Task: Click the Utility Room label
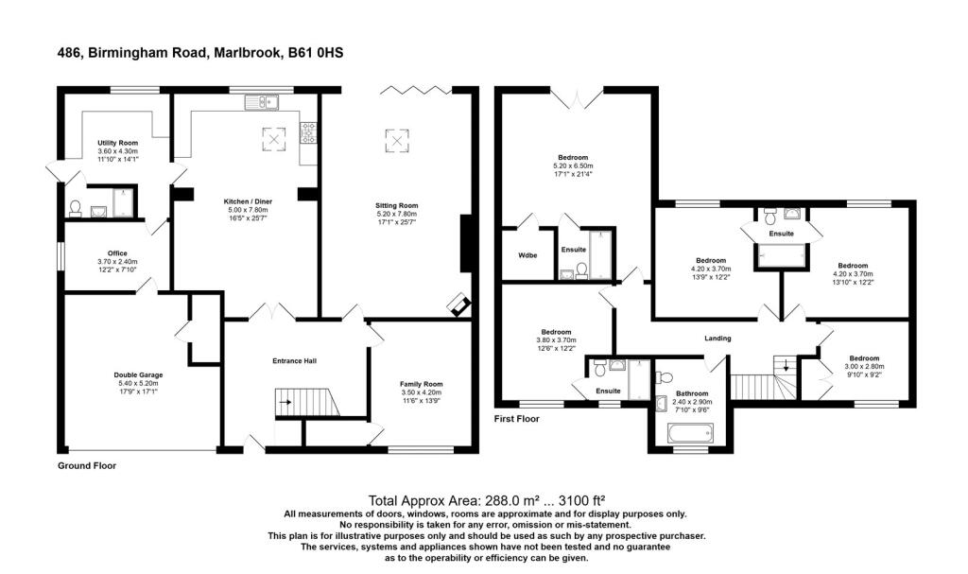(x=118, y=143)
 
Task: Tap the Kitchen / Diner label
(x=246, y=202)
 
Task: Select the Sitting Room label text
(x=396, y=205)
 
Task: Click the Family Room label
(x=421, y=384)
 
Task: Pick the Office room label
(x=117, y=253)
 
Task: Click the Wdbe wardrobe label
(x=527, y=255)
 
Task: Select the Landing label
(x=717, y=339)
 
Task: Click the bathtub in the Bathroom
(x=686, y=434)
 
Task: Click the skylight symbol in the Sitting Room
(x=395, y=141)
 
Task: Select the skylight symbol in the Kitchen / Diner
(x=274, y=139)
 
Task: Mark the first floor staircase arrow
(x=786, y=365)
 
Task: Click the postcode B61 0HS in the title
(x=315, y=53)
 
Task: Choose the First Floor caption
(x=517, y=417)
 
